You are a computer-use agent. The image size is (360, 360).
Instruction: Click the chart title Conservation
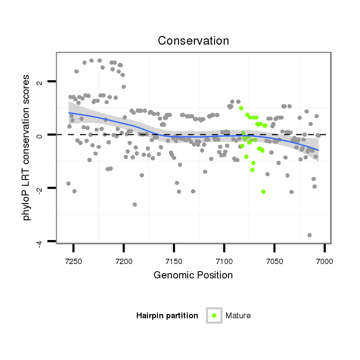193,41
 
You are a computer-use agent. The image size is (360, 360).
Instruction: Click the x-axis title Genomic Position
193,275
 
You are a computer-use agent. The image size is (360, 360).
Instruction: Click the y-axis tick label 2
40,82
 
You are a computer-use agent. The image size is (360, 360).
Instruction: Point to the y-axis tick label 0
40,135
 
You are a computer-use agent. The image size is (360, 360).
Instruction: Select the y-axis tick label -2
40,188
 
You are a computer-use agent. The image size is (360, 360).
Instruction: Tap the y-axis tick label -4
40,241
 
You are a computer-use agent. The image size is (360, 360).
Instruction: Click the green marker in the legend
214,315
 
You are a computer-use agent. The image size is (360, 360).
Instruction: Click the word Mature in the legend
238,315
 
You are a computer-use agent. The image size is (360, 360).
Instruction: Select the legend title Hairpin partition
167,315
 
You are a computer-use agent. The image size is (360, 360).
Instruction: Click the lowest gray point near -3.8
310,235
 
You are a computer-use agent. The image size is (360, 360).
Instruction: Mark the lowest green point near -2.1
263,192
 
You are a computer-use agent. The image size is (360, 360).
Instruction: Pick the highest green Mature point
241,108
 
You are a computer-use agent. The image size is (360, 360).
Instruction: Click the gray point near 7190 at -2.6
135,204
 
